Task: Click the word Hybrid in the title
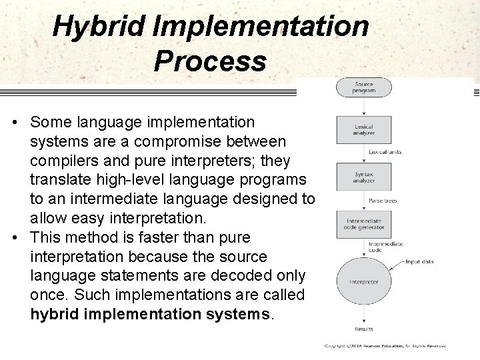97,27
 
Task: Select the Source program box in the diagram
363,87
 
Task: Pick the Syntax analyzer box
363,175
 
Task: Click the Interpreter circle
363,281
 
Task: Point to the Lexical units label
385,153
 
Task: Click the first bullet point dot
15,123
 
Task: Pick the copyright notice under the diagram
385,346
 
